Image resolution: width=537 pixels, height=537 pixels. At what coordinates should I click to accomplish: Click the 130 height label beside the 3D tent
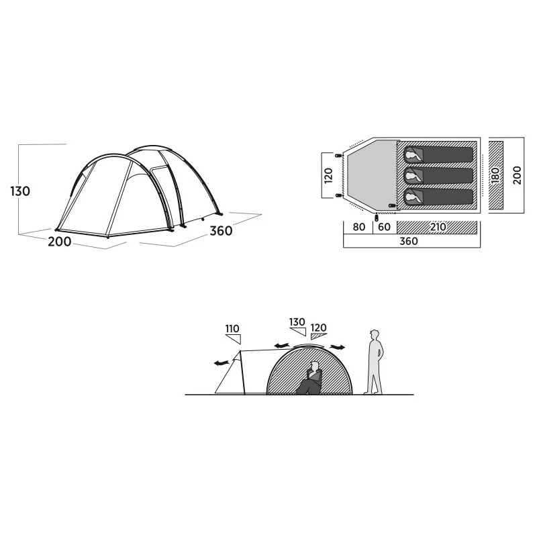tap(20, 191)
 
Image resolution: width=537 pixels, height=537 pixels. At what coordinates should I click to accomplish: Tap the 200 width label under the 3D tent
tap(59, 242)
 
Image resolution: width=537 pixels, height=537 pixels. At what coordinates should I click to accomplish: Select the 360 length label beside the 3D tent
tap(222, 231)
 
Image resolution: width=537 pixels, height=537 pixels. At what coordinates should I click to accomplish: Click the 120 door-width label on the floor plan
tap(328, 175)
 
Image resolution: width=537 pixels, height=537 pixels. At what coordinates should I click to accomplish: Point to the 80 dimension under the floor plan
tap(358, 227)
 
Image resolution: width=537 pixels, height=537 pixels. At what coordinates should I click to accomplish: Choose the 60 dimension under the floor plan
tap(384, 227)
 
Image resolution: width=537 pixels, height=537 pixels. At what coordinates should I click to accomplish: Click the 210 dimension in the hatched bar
tap(438, 227)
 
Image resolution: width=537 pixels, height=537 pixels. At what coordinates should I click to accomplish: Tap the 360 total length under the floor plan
tap(409, 241)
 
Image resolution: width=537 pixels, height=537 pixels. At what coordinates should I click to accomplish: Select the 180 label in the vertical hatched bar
tap(495, 175)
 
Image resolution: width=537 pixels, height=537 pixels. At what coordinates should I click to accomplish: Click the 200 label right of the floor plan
tap(517, 175)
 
